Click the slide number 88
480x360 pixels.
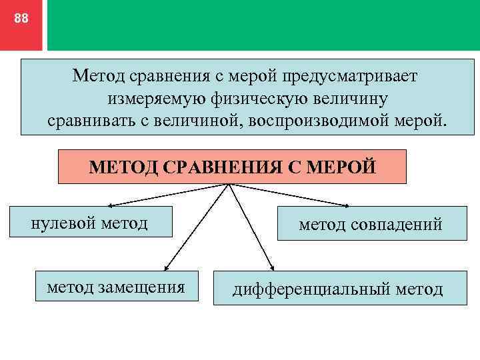(21, 19)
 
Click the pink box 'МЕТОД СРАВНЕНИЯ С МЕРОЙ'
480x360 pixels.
(232, 167)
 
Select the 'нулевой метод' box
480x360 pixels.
(90, 222)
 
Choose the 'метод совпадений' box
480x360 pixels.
(370, 224)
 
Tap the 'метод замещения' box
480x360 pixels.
(116, 287)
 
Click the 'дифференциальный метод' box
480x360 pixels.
(337, 289)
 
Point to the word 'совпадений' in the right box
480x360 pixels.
(400, 224)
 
